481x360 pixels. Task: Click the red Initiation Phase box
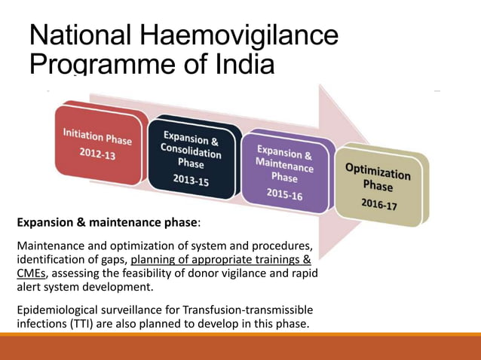coord(97,145)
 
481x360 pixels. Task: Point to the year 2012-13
coord(97,154)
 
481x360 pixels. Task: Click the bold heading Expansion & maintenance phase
coord(107,223)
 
